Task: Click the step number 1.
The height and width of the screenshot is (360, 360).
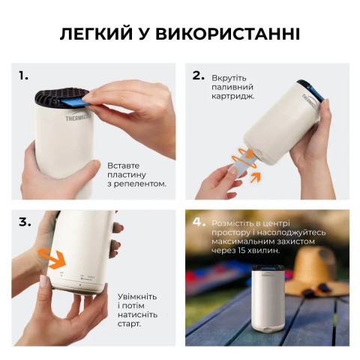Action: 24,76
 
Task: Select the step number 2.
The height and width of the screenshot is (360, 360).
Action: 199,75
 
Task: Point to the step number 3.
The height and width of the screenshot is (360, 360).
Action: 25,222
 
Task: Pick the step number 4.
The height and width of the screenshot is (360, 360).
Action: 199,222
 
